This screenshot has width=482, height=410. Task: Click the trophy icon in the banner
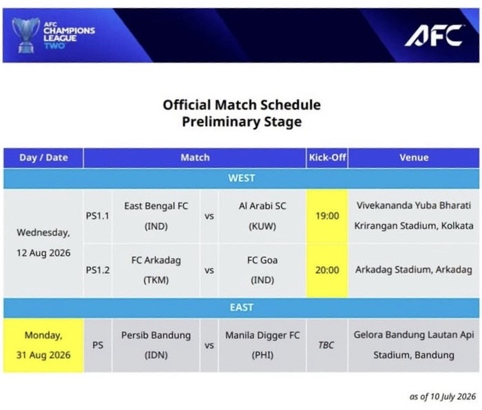pos(26,35)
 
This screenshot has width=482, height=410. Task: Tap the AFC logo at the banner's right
pos(434,35)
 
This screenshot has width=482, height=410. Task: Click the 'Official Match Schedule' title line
pos(242,105)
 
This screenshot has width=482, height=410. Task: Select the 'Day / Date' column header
pos(43,158)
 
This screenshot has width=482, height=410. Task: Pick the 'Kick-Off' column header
pos(327,158)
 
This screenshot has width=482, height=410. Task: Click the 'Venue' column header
pos(414,158)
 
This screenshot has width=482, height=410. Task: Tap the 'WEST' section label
pos(241,178)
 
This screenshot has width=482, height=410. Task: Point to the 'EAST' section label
pos(241,307)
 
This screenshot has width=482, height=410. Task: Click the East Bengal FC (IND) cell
pos(156,216)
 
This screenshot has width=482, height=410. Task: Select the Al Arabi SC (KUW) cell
pos(262,216)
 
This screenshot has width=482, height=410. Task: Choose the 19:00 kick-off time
pos(327,216)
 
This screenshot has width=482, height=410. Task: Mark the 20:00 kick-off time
pos(327,270)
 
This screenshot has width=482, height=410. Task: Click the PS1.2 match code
pos(98,270)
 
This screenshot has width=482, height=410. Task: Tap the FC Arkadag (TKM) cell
pos(156,270)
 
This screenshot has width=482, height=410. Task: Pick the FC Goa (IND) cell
pos(262,270)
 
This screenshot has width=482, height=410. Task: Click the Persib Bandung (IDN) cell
pos(156,345)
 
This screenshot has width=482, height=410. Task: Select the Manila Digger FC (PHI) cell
pos(262,345)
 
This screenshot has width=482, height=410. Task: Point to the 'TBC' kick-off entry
pos(326,345)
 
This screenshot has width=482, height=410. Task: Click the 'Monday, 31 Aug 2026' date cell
pos(43,345)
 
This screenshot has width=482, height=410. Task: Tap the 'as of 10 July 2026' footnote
pos(442,396)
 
